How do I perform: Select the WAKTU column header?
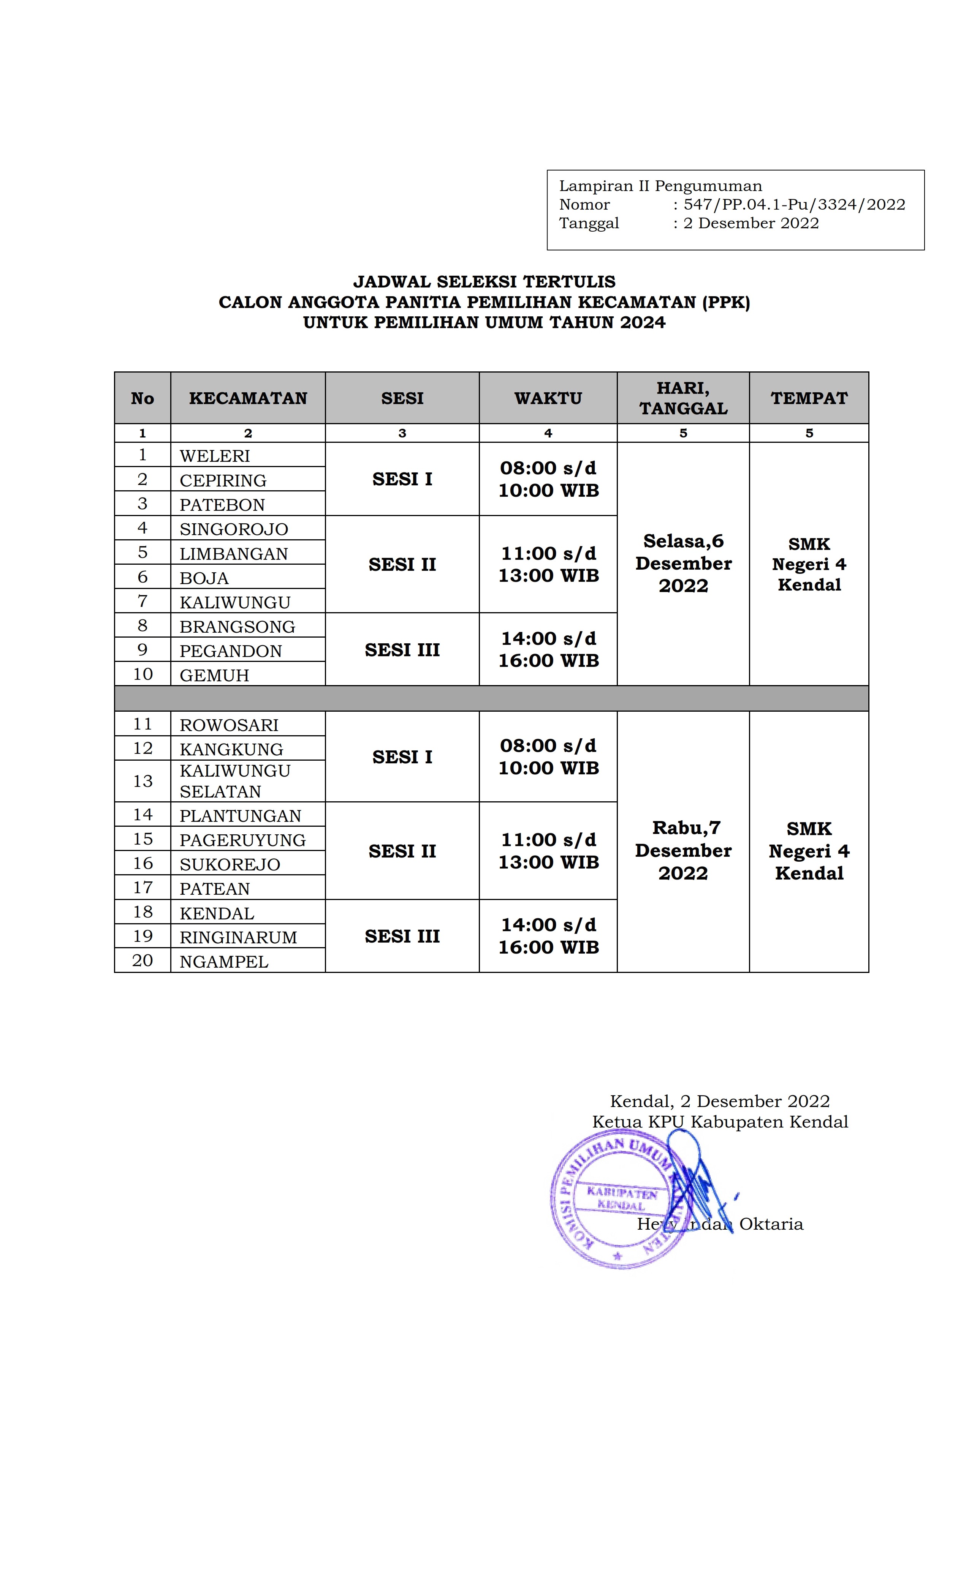pyautogui.click(x=548, y=398)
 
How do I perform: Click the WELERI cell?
pyautogui.click(x=214, y=456)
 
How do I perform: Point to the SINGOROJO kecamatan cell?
pyautogui.click(x=233, y=529)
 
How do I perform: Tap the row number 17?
pyautogui.click(x=142, y=888)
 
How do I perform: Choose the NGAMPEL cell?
pyautogui.click(x=223, y=961)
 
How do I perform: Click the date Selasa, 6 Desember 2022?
pyautogui.click(x=683, y=563)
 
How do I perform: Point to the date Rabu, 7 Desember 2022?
pyautogui.click(x=683, y=850)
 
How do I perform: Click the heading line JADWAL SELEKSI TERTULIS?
pyautogui.click(x=484, y=281)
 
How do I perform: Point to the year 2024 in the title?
pyautogui.click(x=642, y=322)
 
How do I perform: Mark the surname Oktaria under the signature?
pyautogui.click(x=771, y=1224)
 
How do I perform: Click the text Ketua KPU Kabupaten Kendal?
pyautogui.click(x=720, y=1122)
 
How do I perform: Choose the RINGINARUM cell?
pyautogui.click(x=238, y=937)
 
